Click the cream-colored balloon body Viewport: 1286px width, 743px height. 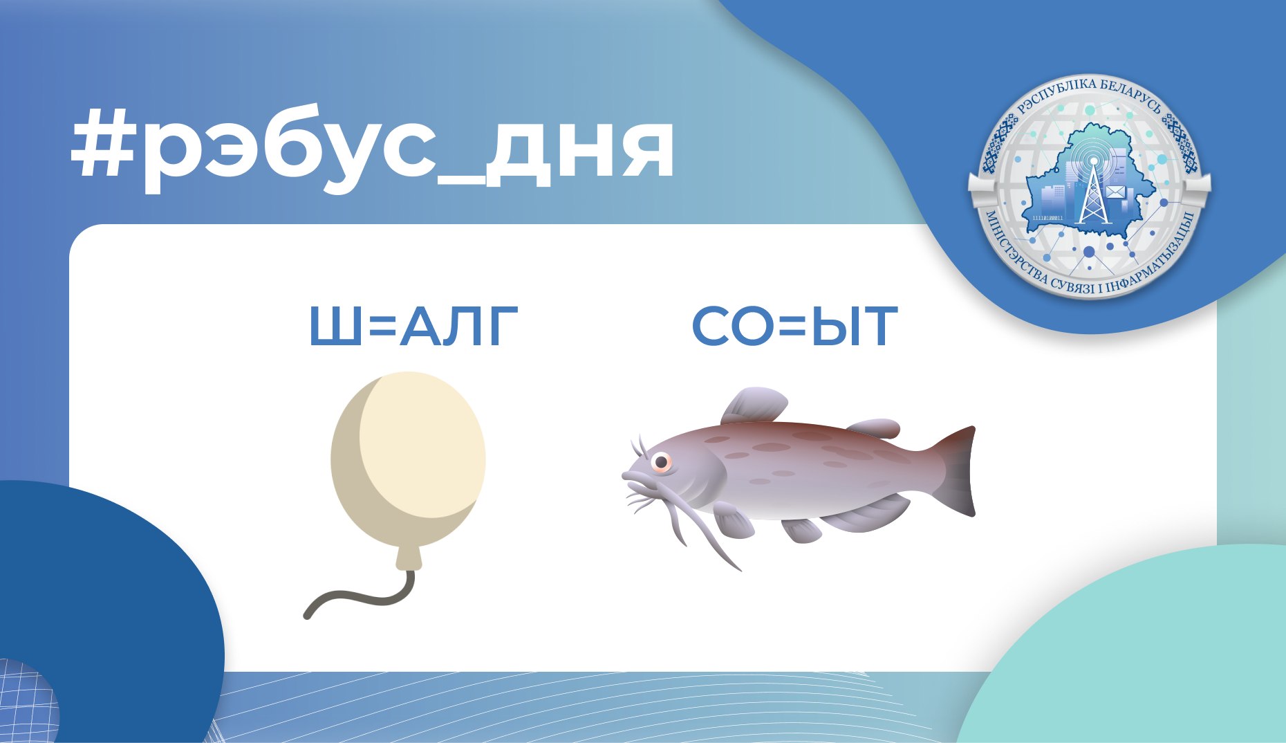[408, 457]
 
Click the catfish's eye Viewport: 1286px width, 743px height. [661, 461]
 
